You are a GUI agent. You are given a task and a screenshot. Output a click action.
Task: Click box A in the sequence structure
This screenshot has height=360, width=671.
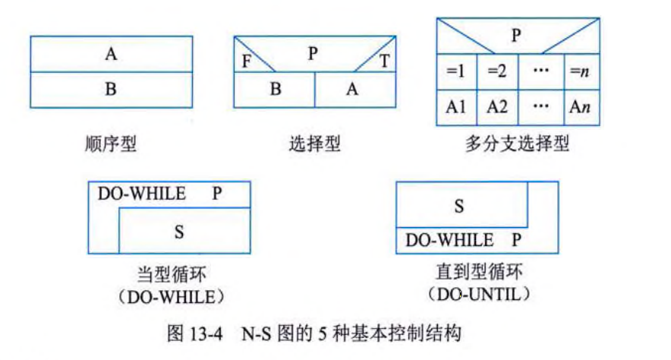point(112,55)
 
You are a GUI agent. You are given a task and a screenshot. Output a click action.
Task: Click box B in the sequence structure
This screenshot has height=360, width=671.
point(112,89)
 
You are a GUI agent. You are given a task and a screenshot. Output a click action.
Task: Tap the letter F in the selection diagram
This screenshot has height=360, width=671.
point(247,61)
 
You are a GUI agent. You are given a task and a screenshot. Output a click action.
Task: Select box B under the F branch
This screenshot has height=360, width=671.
point(275,89)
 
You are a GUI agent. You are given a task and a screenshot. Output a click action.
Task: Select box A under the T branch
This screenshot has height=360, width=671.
point(352,89)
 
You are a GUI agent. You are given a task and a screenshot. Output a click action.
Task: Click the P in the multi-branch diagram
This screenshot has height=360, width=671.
point(515,35)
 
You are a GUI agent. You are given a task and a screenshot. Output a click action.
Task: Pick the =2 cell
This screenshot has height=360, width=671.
point(497,71)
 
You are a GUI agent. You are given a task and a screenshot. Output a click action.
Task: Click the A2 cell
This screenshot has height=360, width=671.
point(497,107)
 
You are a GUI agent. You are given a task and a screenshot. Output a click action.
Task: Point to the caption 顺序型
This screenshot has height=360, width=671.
point(111,144)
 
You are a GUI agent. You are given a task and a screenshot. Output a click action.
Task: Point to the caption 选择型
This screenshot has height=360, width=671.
point(313,144)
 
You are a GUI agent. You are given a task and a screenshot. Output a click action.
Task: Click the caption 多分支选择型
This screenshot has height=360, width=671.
point(516,144)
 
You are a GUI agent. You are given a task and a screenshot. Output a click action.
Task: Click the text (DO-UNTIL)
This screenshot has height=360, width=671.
point(477,292)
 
